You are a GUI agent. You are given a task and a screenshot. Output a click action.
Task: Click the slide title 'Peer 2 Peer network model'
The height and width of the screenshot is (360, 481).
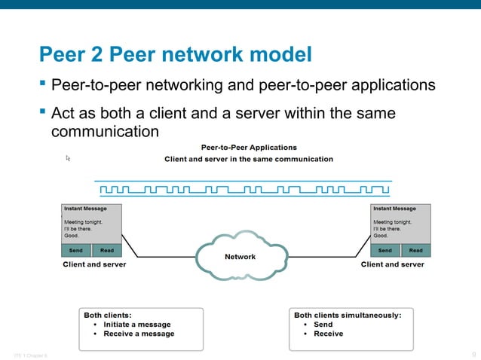tap(175, 55)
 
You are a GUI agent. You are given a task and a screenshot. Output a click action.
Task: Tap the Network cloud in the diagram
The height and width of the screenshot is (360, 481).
tap(240, 257)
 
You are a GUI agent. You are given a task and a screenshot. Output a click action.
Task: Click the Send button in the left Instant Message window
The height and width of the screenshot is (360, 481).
tap(75, 250)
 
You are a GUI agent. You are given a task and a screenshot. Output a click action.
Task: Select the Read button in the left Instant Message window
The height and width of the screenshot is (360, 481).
tap(107, 250)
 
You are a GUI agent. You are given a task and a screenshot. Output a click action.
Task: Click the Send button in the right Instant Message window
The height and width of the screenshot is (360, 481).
tap(384, 250)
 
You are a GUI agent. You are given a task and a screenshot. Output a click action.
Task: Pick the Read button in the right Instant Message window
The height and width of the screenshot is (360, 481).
tap(415, 250)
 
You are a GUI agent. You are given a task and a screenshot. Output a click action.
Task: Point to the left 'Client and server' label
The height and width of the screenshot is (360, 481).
tap(93, 264)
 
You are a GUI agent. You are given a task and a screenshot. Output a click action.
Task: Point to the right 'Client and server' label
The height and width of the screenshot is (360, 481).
tap(392, 264)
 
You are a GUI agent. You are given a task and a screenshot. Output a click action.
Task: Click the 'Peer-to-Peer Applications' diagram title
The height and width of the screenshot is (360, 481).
tap(248, 147)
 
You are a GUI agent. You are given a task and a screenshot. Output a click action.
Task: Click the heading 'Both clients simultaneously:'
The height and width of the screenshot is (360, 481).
tap(348, 316)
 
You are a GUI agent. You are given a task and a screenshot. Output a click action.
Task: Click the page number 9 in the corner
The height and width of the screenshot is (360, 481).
tap(473, 353)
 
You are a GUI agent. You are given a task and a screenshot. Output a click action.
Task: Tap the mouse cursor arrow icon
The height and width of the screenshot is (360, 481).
tap(68, 158)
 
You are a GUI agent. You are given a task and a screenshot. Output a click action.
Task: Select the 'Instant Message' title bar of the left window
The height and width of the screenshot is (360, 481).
tap(92, 209)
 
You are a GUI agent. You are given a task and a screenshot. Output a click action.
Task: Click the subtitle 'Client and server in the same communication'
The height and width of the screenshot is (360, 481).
tap(248, 159)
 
